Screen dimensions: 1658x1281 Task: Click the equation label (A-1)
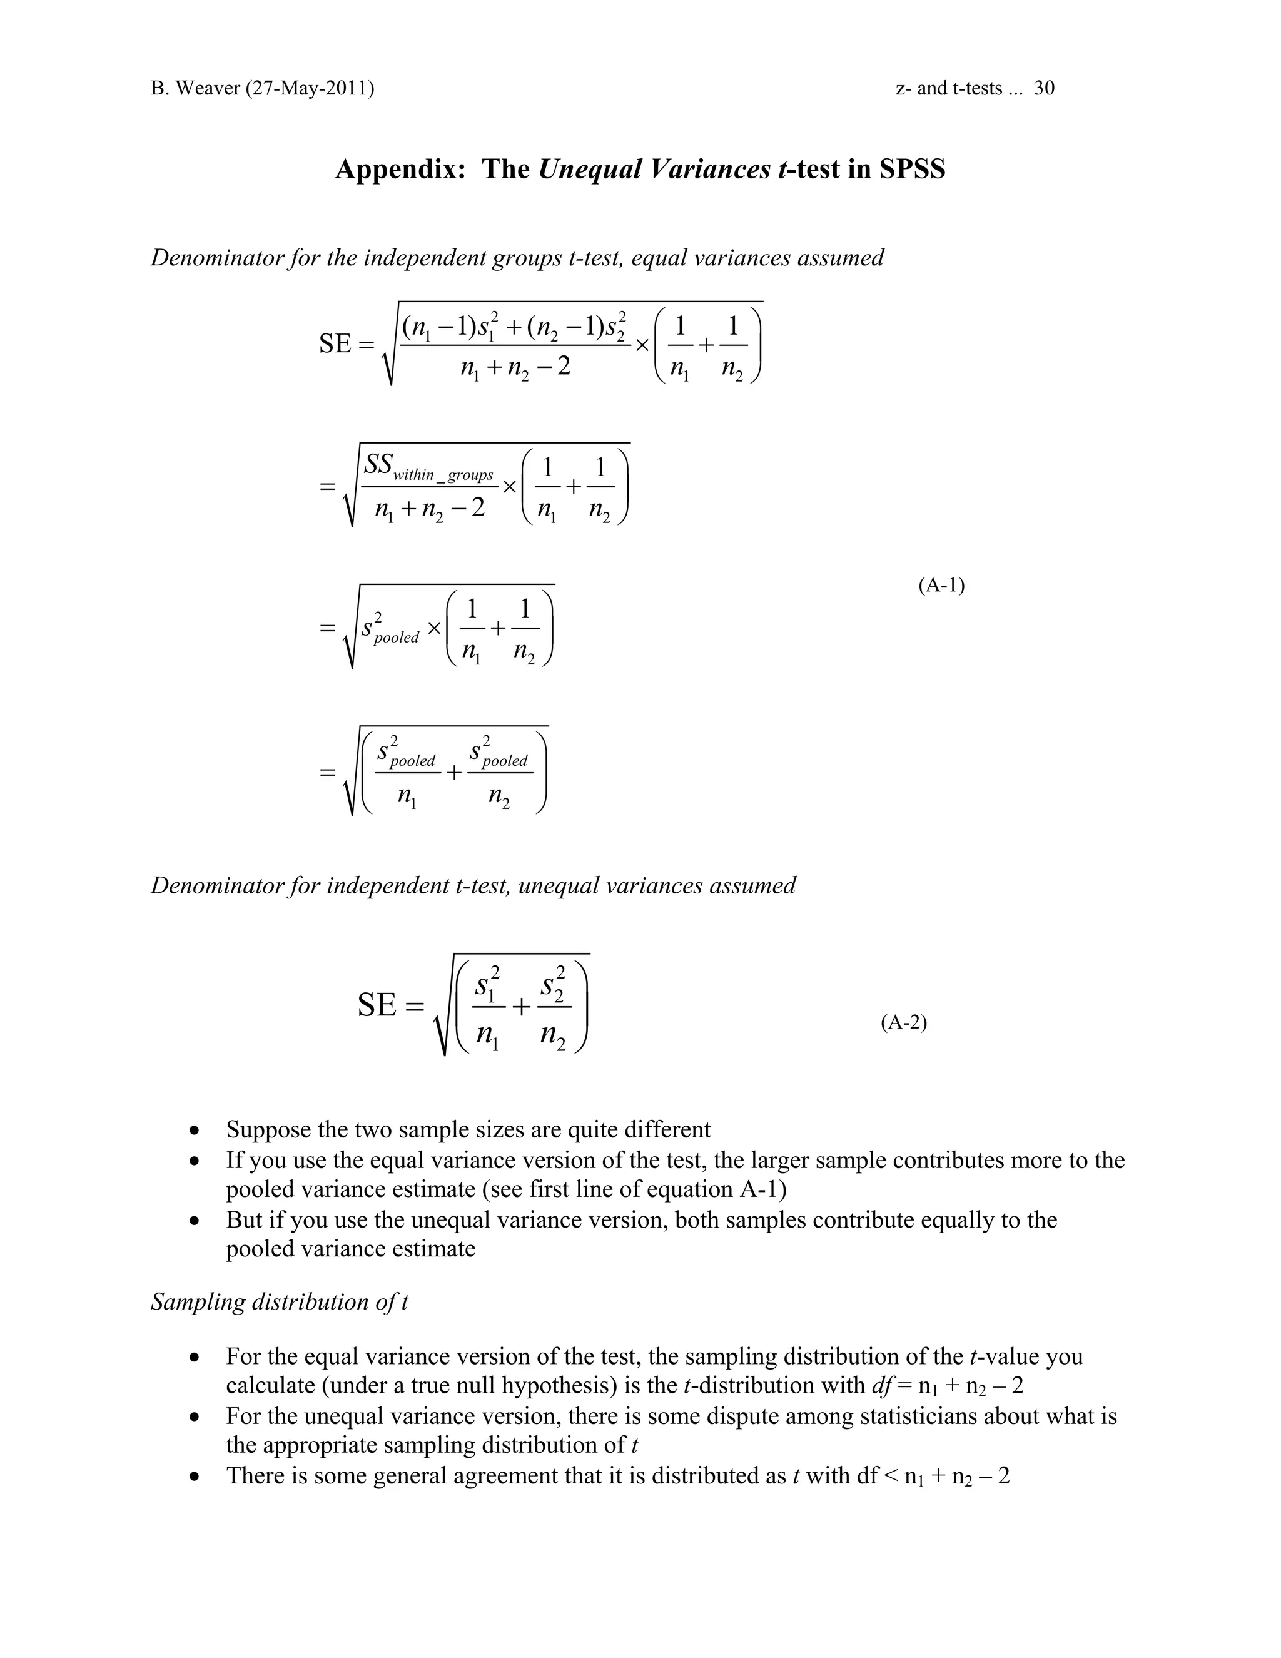[941, 586]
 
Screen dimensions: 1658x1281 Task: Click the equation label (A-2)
[904, 1022]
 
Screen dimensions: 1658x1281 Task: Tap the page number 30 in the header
[1044, 88]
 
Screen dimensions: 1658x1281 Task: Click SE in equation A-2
[377, 1006]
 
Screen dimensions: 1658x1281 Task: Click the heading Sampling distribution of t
[279, 1301]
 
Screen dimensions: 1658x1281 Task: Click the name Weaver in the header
[207, 88]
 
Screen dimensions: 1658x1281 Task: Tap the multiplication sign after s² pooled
[434, 629]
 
